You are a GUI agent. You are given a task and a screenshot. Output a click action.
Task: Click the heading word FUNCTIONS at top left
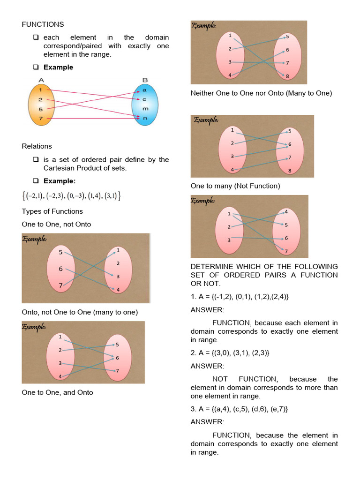point(43,24)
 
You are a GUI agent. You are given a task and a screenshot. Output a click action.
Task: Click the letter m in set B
point(144,108)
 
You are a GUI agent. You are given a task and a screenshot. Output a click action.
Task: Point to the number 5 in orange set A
point(41,109)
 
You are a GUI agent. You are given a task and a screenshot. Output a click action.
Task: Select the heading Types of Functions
point(52,211)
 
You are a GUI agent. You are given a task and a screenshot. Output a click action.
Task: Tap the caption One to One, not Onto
point(56,225)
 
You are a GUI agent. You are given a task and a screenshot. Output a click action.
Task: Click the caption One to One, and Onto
point(57,392)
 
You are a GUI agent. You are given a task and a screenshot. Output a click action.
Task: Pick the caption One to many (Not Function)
point(235,186)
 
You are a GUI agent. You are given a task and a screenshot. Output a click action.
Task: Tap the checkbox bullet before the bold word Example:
point(35,181)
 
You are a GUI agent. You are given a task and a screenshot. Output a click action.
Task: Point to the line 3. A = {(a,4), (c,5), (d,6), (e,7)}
point(239,409)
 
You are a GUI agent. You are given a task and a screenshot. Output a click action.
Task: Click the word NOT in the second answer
point(220,379)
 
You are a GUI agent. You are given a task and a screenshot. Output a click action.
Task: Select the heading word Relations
point(37,146)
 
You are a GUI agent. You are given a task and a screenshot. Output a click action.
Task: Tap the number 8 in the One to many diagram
point(290,171)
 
